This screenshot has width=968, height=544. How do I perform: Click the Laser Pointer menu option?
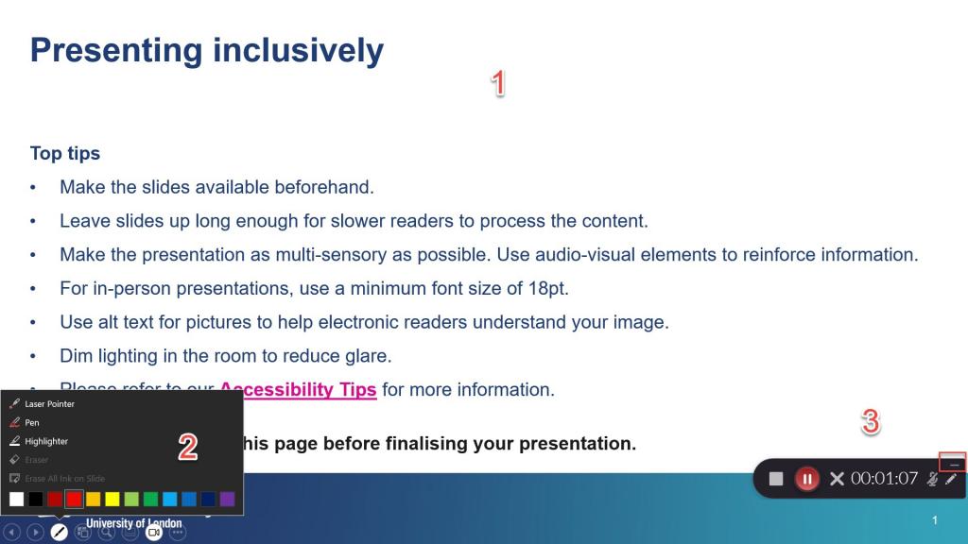pyautogui.click(x=49, y=404)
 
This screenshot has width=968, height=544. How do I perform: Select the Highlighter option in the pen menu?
pyautogui.click(x=46, y=441)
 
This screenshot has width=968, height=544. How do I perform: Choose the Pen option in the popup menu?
pyautogui.click(x=32, y=422)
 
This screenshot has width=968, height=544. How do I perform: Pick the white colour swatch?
pyautogui.click(x=16, y=499)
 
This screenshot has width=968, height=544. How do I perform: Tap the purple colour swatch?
pyautogui.click(x=227, y=499)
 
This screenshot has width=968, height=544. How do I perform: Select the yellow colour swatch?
pyautogui.click(x=112, y=499)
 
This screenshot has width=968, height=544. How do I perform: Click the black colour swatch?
pyautogui.click(x=36, y=499)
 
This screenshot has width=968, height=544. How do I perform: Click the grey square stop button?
pyautogui.click(x=776, y=479)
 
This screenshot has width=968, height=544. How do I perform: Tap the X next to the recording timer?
pyautogui.click(x=836, y=479)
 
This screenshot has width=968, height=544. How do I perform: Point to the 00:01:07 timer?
pyautogui.click(x=884, y=479)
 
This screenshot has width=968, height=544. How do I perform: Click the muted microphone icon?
pyautogui.click(x=932, y=479)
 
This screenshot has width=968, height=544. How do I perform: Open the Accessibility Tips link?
pyautogui.click(x=298, y=390)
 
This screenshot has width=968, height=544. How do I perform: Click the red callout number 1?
pyautogui.click(x=497, y=84)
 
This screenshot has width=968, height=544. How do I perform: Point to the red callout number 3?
pyautogui.click(x=870, y=422)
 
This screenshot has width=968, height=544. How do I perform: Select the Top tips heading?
pyautogui.click(x=65, y=153)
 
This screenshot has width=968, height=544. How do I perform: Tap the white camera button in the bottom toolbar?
pyautogui.click(x=153, y=533)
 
